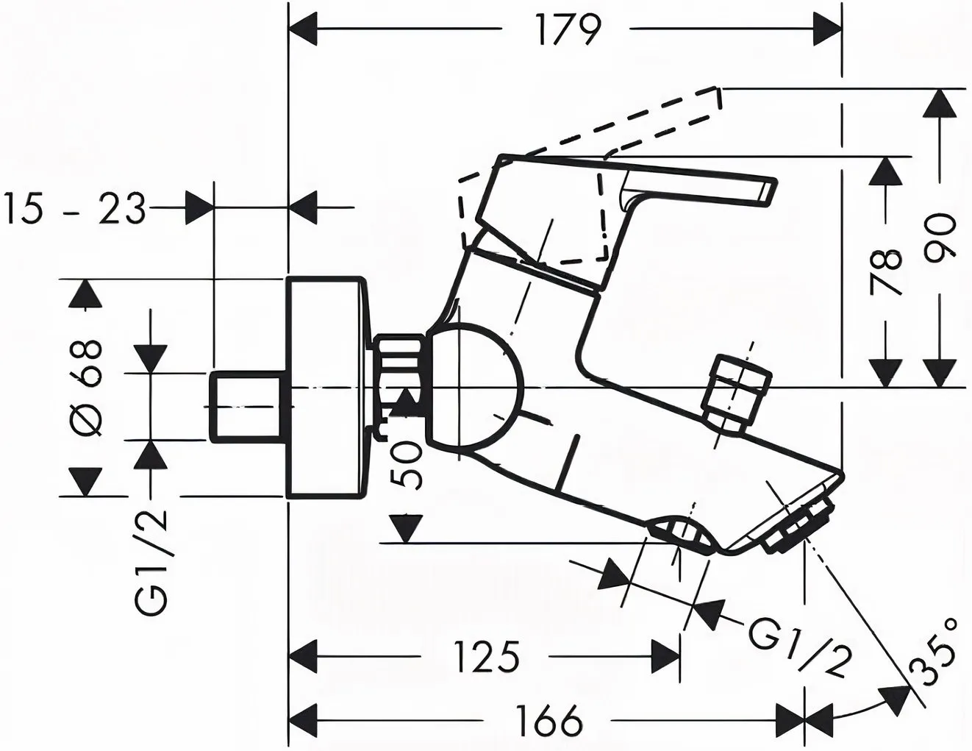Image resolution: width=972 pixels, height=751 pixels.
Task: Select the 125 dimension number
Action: [x=487, y=657]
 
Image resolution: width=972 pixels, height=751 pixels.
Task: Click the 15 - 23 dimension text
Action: [x=74, y=207]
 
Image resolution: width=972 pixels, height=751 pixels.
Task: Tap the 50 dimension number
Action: [x=406, y=464]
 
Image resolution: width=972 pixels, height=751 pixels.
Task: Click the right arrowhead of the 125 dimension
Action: [x=666, y=657]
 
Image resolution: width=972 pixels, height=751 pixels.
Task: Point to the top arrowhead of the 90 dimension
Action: [x=940, y=104]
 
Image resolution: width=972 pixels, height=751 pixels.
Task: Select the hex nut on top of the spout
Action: [x=737, y=393]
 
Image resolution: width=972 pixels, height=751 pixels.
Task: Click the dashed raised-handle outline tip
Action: [x=718, y=98]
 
